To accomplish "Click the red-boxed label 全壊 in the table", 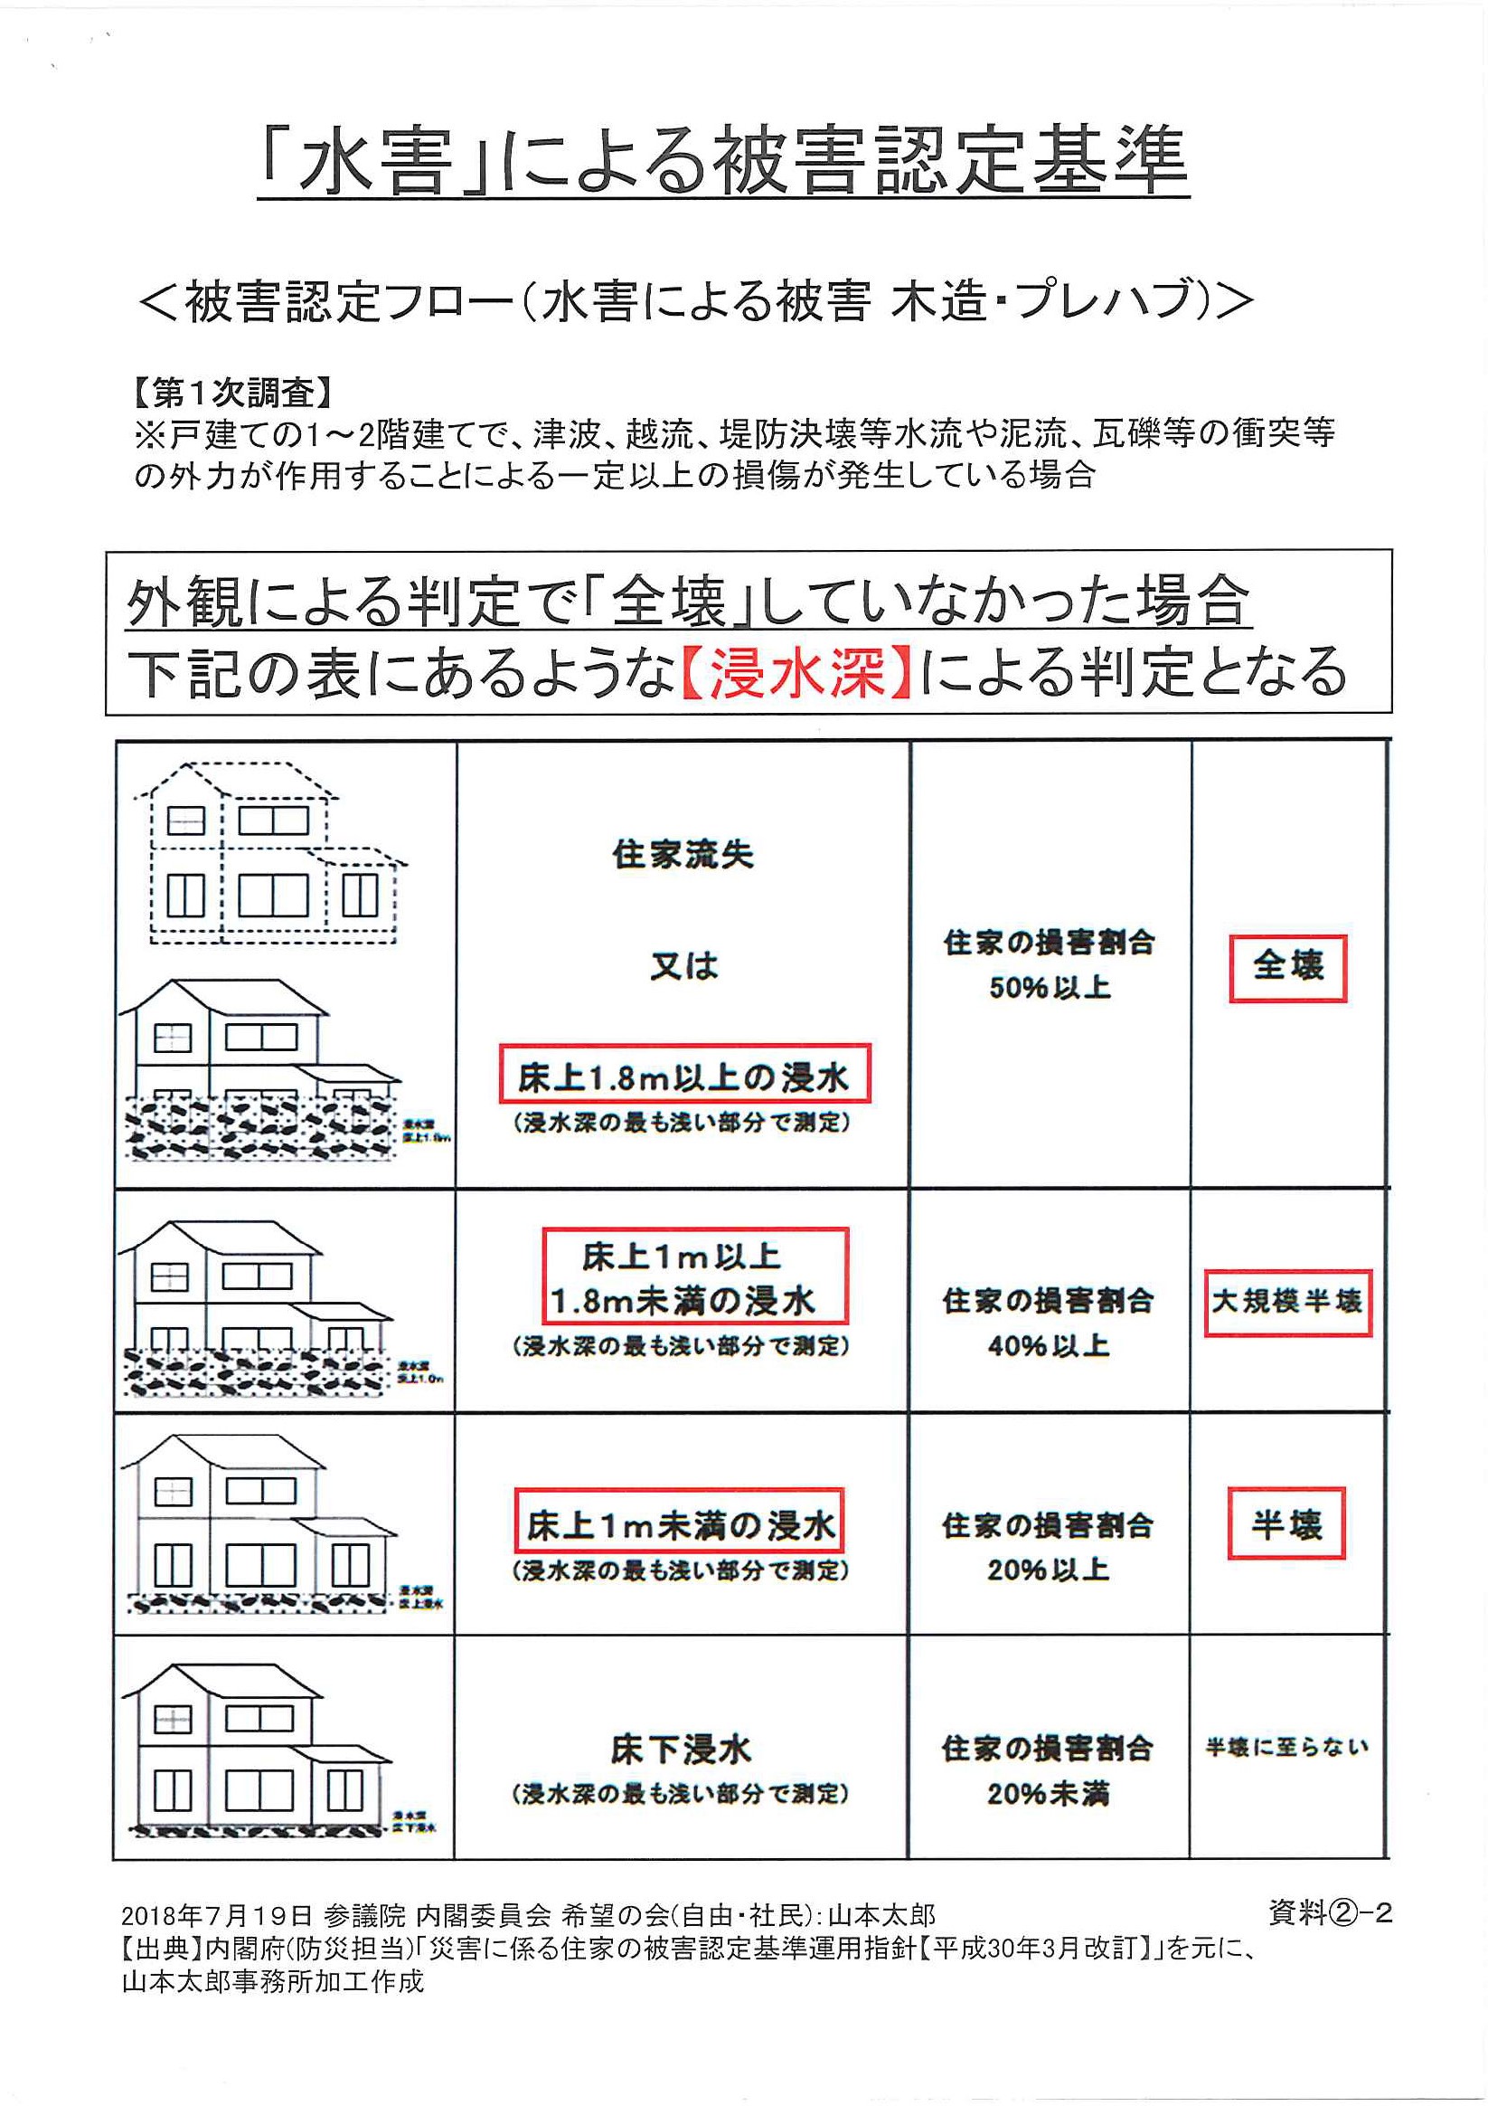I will pos(1287,967).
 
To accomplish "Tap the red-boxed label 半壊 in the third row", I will pos(1286,1523).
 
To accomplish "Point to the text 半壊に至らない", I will pos(1286,1748).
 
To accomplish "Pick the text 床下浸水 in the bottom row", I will pos(681,1750).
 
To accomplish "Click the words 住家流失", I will pos(683,855).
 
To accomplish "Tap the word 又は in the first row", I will pos(684,966).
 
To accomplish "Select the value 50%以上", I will pos(1050,988).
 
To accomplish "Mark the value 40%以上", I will pos(1049,1345).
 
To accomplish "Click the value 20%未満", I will pos(1049,1793).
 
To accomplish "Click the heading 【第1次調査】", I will pos(231,394).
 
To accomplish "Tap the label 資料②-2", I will pos(1331,1912).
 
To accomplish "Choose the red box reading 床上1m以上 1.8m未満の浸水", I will pos(695,1277).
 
